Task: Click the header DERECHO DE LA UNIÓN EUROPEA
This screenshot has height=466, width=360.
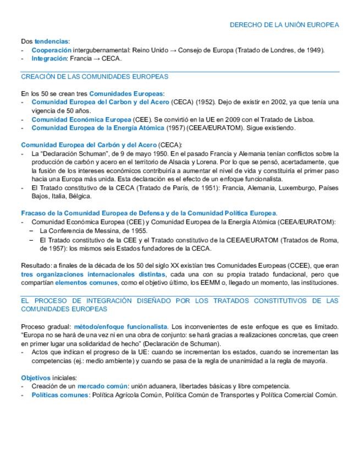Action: [284, 25]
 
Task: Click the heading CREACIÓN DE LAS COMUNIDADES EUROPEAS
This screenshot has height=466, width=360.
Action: [95, 76]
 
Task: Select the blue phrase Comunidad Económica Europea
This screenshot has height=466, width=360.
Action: [81, 119]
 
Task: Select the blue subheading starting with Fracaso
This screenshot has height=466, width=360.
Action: [149, 213]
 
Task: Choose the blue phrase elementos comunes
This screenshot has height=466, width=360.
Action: [86, 282]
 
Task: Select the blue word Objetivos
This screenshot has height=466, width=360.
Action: [36, 378]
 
